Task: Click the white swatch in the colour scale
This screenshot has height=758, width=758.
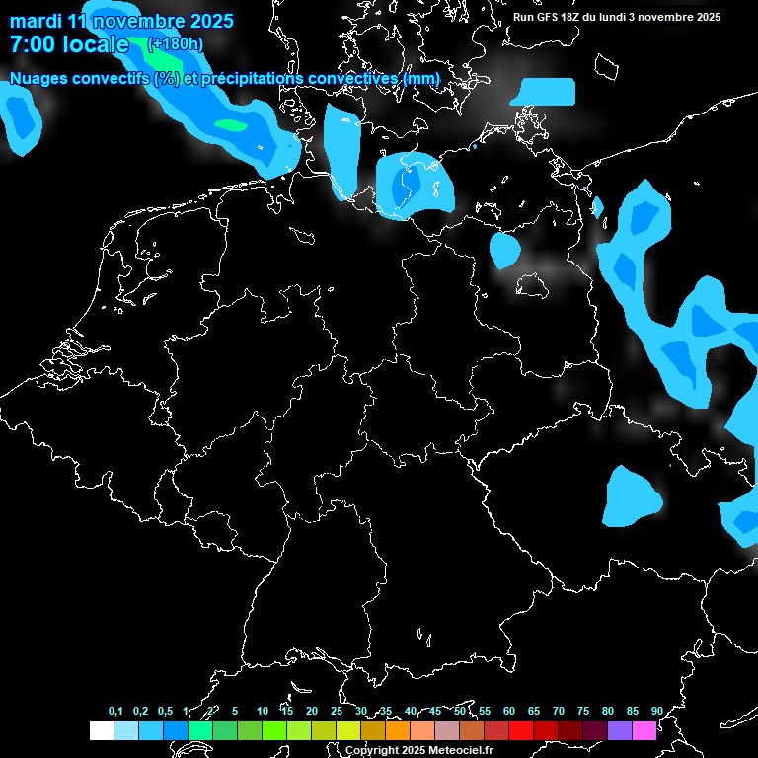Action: pos(101,730)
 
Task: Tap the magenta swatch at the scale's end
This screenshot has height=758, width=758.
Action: pos(644,730)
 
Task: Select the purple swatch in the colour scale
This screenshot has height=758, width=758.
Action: pos(620,730)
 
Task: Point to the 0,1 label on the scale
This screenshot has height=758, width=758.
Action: pos(115,712)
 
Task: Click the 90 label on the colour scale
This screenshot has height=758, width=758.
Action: pos(656,712)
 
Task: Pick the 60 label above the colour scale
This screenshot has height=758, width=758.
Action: pos(508,712)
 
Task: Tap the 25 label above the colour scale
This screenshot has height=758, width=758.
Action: pos(336,712)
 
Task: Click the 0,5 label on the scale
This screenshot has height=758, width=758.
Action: pos(165,712)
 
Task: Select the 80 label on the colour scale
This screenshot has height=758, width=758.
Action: pos(607,712)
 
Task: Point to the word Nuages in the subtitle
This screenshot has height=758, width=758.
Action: pos(38,78)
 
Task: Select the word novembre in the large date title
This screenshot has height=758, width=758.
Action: pos(134,21)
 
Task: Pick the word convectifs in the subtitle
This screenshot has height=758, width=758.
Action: pos(110,78)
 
